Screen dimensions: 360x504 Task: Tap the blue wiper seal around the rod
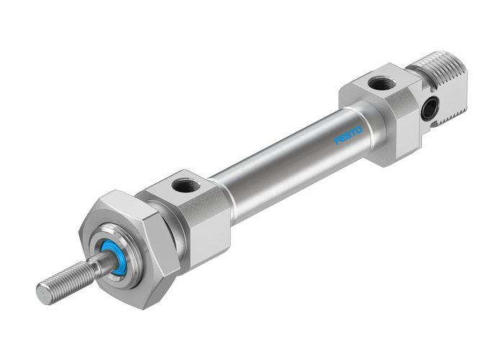tap(115, 256)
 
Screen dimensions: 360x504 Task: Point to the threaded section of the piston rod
tap(68, 281)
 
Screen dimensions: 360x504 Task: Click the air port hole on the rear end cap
tap(380, 84)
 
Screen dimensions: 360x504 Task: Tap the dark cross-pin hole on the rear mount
tap(429, 109)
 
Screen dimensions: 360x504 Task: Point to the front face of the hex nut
tap(108, 238)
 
